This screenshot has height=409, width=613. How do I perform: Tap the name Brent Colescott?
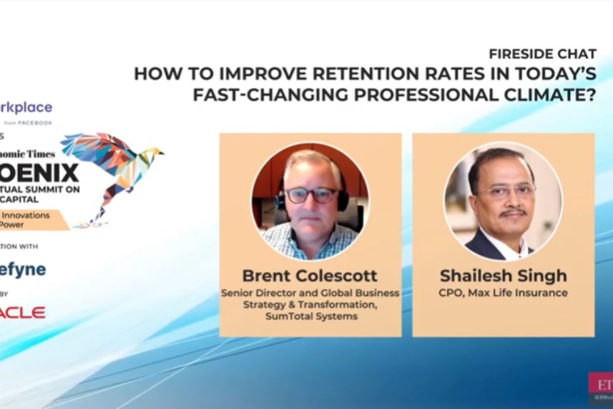click(309, 276)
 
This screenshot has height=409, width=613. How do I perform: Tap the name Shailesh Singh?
click(503, 276)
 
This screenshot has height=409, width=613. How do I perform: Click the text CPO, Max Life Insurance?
click(503, 293)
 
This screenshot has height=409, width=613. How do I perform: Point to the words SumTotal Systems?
click(310, 316)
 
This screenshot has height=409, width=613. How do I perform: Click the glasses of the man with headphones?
click(310, 195)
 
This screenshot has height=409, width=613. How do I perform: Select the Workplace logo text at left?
click(26, 107)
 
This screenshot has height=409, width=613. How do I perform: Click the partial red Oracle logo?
click(22, 312)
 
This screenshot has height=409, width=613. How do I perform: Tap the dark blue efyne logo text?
click(23, 269)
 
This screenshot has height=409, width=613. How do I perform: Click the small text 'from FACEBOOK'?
click(28, 122)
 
